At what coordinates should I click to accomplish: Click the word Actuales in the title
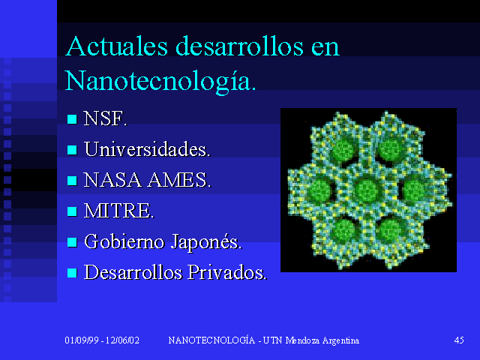click(x=117, y=46)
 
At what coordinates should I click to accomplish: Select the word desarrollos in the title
click(x=239, y=46)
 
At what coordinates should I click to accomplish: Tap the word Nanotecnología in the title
click(x=160, y=80)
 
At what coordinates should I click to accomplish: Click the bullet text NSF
click(x=105, y=118)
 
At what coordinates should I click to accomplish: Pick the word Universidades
click(x=147, y=149)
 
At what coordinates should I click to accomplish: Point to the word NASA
click(x=112, y=180)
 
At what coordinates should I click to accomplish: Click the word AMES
click(x=179, y=180)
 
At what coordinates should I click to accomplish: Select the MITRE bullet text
click(x=119, y=211)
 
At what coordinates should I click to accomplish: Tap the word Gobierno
click(x=124, y=241)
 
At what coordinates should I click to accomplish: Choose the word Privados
click(x=227, y=272)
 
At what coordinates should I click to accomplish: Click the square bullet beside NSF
click(x=72, y=119)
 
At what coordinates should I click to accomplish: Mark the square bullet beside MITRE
click(x=72, y=211)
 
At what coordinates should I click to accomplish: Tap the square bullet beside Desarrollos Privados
click(x=72, y=273)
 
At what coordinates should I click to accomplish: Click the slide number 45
click(x=459, y=340)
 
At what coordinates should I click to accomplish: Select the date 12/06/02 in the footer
click(x=122, y=340)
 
